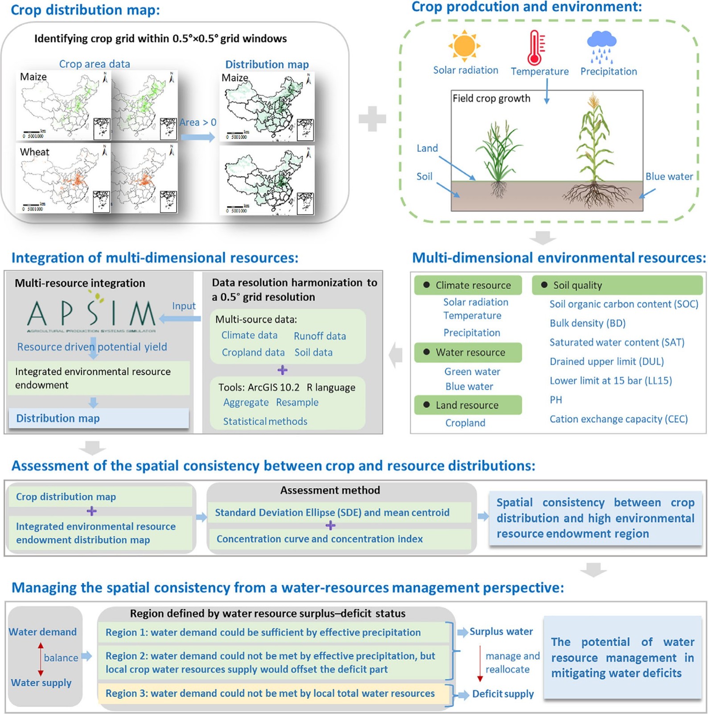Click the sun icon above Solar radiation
[x=464, y=46]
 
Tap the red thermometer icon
[x=535, y=48]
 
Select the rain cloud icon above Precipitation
[x=601, y=46]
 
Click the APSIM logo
[x=91, y=315]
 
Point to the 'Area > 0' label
[x=198, y=122]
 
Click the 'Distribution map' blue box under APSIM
[x=99, y=418]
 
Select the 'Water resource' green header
[x=468, y=353]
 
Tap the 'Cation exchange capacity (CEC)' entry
[x=618, y=419]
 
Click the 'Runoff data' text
[x=320, y=336]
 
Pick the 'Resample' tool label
[x=297, y=403]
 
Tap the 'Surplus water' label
[x=501, y=631]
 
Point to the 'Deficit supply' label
[x=502, y=694]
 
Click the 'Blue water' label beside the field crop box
[x=669, y=176]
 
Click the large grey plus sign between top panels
[x=372, y=119]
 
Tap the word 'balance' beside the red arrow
[x=61, y=658]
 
